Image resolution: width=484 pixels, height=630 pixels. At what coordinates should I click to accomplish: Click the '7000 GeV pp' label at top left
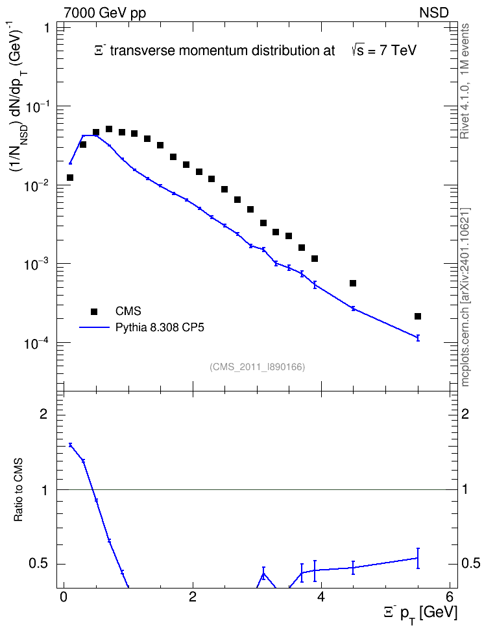pos(104,12)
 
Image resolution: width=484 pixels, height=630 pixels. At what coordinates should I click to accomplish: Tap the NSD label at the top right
pos(433,12)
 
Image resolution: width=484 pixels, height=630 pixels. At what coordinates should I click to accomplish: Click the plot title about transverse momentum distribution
pos(256,51)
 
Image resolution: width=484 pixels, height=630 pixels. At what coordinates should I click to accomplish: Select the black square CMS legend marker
pos(94,311)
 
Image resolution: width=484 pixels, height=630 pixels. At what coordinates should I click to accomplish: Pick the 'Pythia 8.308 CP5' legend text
pos(160,327)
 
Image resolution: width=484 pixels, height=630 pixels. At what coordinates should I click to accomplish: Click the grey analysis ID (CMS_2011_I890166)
pos(257,367)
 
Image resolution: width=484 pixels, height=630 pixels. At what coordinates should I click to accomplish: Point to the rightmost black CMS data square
pos(418,316)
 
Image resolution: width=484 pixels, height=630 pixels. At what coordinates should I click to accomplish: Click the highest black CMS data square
pos(108,129)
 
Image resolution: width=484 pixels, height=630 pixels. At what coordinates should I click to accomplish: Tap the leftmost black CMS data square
pos(70,178)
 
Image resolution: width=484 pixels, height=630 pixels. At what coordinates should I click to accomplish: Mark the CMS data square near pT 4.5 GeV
pos(353,283)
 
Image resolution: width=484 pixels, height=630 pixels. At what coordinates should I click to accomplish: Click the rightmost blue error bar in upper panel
pos(418,338)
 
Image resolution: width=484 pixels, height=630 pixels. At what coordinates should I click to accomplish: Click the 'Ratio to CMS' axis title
pos(18,489)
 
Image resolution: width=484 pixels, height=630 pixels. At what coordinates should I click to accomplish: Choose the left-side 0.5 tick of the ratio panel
pos(38,564)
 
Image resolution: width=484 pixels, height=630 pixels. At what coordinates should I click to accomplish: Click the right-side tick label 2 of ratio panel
pos(465,414)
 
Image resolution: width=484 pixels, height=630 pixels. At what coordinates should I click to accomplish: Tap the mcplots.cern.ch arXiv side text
pos(465,297)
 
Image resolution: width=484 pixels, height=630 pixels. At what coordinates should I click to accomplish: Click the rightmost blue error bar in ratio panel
pos(418,558)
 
